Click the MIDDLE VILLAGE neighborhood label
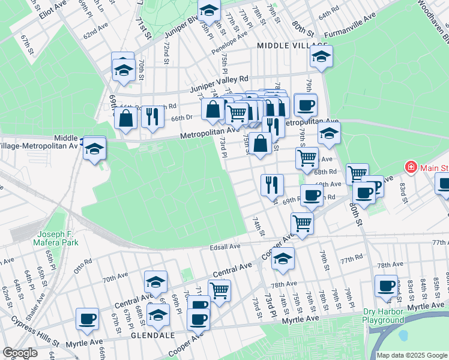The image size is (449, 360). (292, 46)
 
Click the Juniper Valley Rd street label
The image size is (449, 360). (219, 84)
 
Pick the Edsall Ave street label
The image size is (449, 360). (224, 246)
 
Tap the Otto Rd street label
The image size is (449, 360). (83, 263)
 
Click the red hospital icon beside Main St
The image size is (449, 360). (411, 167)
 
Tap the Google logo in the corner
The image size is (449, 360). (20, 353)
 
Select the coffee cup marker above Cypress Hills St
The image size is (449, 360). (87, 319)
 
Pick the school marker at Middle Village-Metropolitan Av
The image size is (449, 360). (95, 148)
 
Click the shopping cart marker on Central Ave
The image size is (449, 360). (219, 291)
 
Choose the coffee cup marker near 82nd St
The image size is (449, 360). (385, 286)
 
